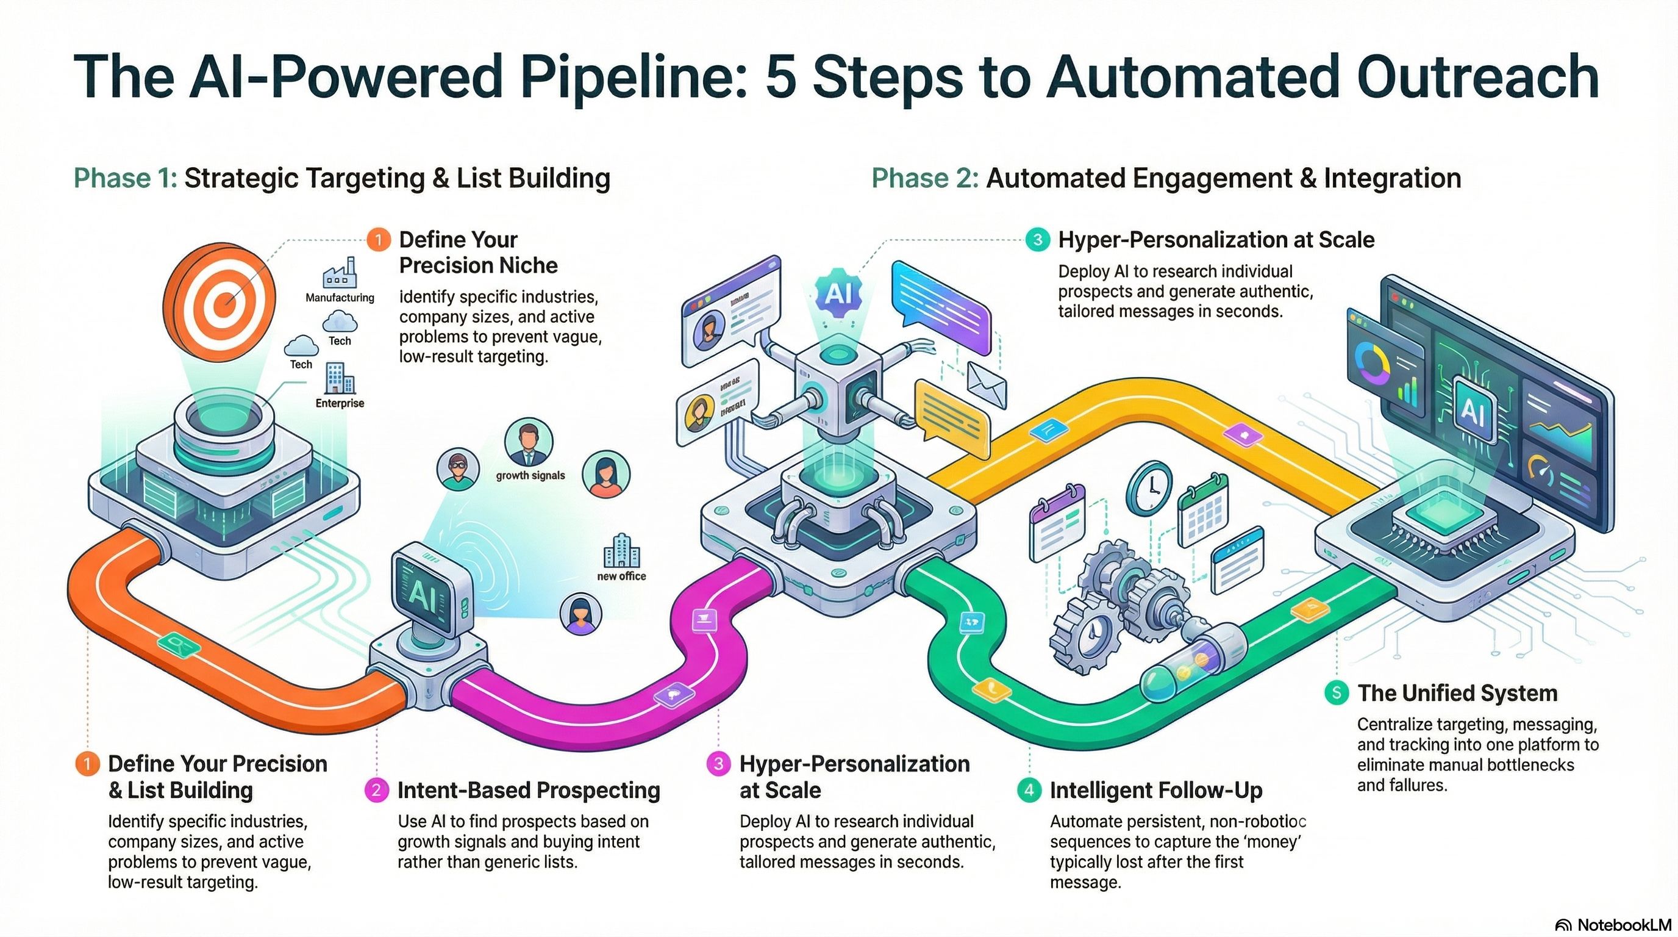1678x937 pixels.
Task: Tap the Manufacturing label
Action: (340, 298)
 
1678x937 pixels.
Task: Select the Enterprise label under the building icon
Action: (340, 403)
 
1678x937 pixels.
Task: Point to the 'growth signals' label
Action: (530, 476)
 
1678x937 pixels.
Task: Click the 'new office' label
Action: (621, 576)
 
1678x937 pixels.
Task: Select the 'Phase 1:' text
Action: (125, 178)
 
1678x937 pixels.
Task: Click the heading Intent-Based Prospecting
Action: (528, 791)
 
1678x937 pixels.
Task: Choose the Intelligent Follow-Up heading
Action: (1155, 791)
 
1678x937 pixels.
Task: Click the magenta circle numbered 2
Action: (376, 791)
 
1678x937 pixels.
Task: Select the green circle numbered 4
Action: (1029, 791)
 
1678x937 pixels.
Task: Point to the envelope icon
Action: (986, 384)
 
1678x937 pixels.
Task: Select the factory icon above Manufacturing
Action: (340, 272)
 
